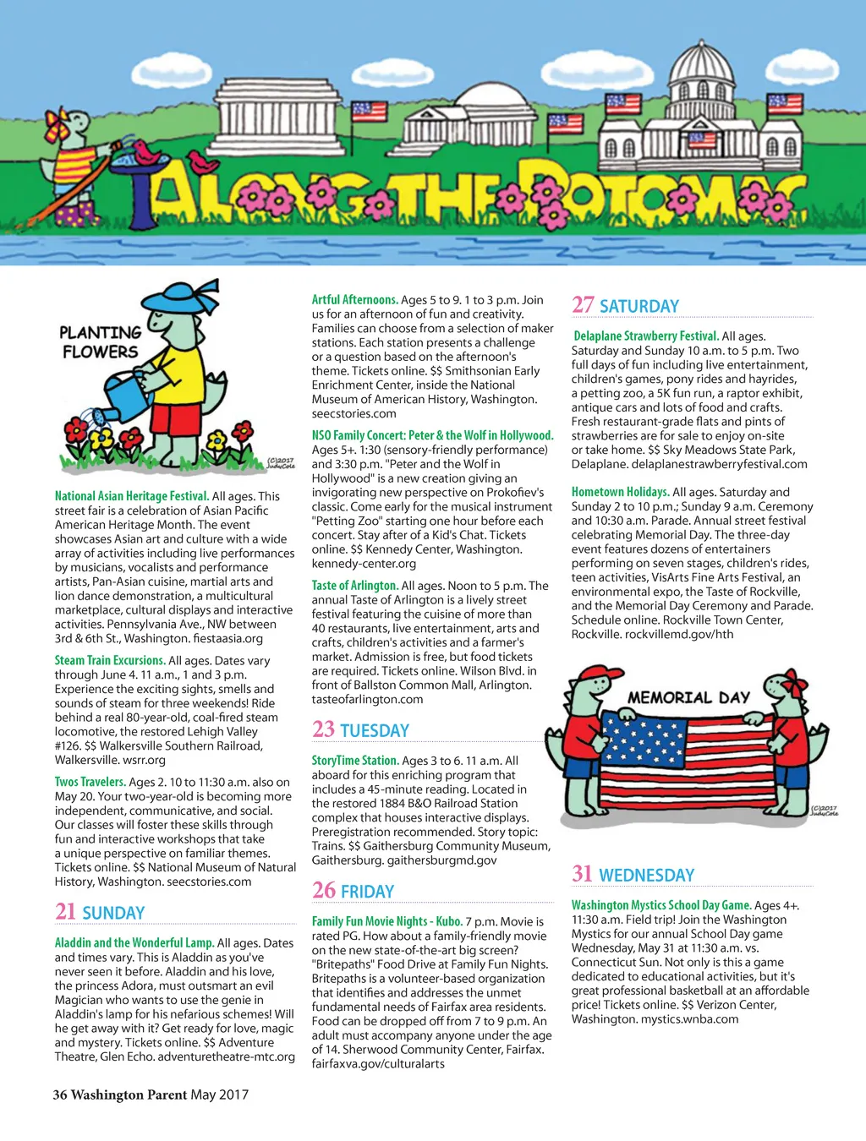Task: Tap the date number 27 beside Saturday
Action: pyautogui.click(x=583, y=305)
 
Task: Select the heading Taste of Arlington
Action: pyautogui.click(x=354, y=586)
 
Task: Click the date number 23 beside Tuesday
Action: pyautogui.click(x=323, y=729)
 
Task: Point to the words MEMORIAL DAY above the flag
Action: pyautogui.click(x=688, y=698)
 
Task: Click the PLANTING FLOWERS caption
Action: pyautogui.click(x=100, y=341)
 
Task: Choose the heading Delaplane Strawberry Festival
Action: pyautogui.click(x=645, y=336)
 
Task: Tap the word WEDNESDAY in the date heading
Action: pyautogui.click(x=646, y=876)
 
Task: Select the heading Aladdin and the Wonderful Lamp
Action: pyautogui.click(x=134, y=943)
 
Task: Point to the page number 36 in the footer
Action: pyautogui.click(x=60, y=1095)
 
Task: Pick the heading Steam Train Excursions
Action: pyautogui.click(x=109, y=661)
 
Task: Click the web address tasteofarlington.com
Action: pyautogui.click(x=367, y=700)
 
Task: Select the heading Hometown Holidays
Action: pyautogui.click(x=620, y=492)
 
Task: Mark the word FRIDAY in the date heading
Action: pyautogui.click(x=367, y=892)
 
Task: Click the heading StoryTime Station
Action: pyautogui.click(x=354, y=761)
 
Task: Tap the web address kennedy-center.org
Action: pyautogui.click(x=364, y=564)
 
